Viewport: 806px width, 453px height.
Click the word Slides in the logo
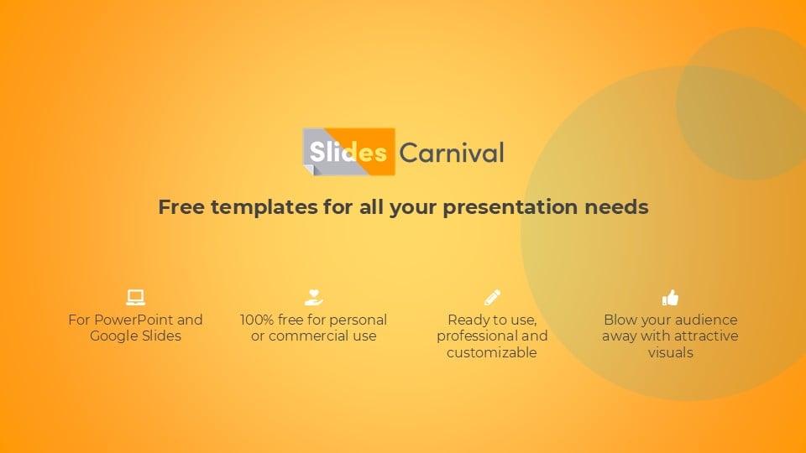coord(348,152)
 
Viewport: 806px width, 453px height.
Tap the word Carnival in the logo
coord(452,153)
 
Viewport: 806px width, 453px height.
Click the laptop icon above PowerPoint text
coord(136,297)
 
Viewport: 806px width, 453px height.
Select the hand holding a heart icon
coord(313,297)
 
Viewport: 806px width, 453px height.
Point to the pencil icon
coord(492,297)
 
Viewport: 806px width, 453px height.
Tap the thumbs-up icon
coord(670,297)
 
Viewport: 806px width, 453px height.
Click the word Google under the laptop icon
coord(111,336)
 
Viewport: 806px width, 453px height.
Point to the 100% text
coord(257,320)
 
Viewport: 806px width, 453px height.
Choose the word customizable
coord(492,352)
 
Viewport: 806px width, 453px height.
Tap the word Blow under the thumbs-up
coord(620,320)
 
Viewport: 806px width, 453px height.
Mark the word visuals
coord(670,352)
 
